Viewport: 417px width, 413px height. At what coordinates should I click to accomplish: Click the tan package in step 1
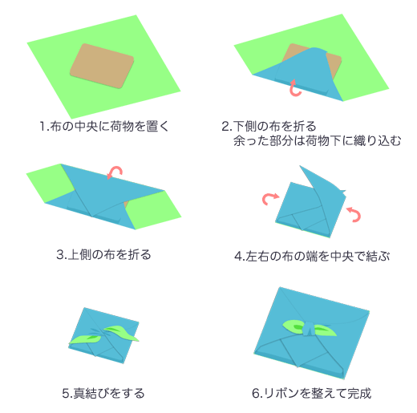tap(102, 66)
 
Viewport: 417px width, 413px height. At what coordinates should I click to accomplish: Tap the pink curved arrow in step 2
tap(294, 89)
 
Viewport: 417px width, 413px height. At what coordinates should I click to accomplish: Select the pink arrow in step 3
tap(115, 172)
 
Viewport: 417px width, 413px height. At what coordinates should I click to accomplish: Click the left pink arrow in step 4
tap(269, 199)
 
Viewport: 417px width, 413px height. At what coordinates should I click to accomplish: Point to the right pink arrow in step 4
tap(355, 214)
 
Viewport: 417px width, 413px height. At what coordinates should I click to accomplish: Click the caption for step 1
tap(104, 127)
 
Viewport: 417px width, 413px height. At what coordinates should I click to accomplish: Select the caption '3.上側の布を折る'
tap(103, 255)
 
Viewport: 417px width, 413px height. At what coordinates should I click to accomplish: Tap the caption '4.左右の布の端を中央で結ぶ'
tap(312, 256)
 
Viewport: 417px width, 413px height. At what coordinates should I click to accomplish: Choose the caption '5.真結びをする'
tap(103, 393)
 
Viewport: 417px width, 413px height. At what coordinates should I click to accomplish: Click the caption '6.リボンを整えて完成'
tap(312, 393)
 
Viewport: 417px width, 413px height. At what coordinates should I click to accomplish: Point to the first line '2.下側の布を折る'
tap(269, 126)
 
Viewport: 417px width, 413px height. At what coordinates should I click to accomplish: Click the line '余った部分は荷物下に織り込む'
tap(318, 140)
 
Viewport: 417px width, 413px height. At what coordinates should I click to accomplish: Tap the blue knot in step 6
tap(309, 329)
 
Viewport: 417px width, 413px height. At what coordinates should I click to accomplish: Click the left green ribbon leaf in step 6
tap(294, 326)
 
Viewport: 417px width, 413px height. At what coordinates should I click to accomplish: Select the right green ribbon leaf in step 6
tap(325, 330)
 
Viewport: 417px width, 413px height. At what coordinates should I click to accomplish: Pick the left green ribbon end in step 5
tap(86, 339)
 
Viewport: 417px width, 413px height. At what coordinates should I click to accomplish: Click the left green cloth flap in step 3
tap(51, 182)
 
